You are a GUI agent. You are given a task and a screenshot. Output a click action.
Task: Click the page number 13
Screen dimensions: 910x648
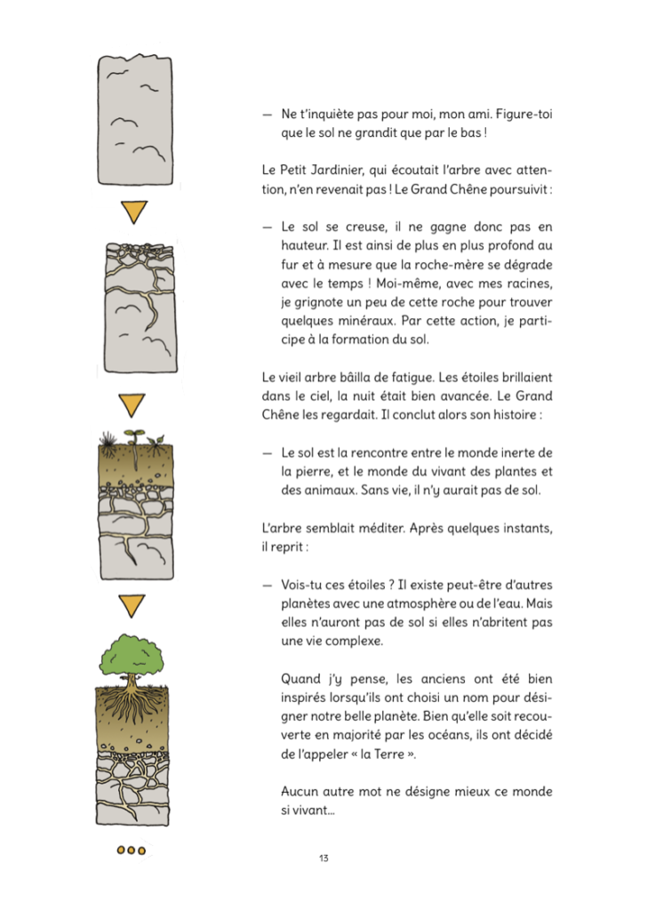(324, 858)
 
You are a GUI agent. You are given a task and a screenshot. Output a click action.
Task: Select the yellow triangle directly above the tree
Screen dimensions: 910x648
(132, 607)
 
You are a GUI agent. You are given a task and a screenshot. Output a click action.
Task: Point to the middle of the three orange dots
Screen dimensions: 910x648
(131, 850)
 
